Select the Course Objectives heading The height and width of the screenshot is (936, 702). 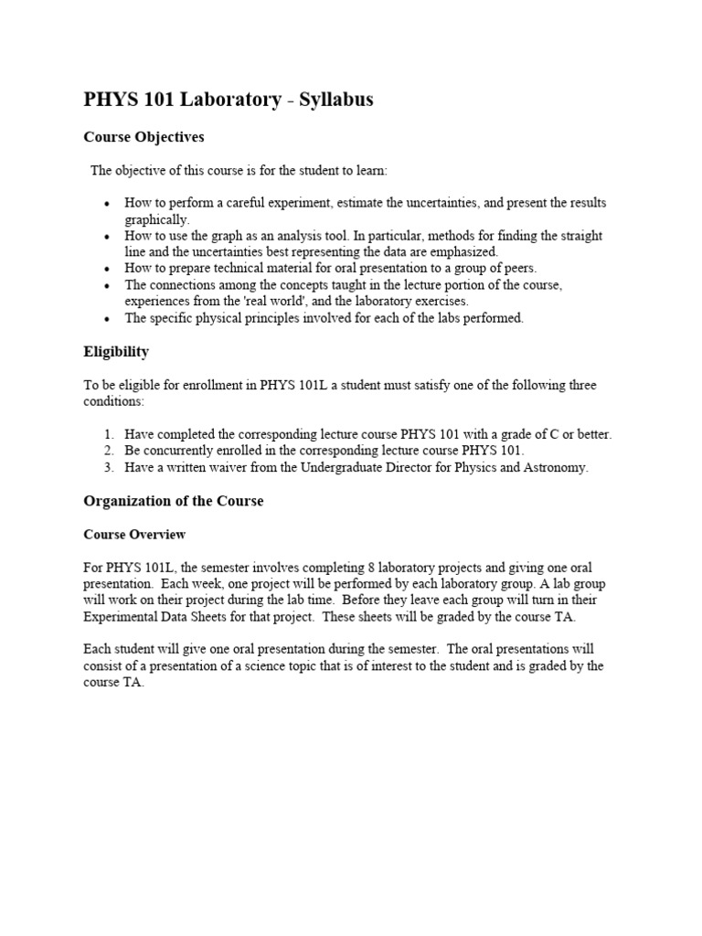(x=144, y=137)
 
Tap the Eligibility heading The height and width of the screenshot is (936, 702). (x=116, y=352)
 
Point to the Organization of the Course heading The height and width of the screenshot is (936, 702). (x=174, y=501)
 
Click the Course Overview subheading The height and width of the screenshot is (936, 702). (x=134, y=534)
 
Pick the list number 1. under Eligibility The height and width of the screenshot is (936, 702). (x=108, y=434)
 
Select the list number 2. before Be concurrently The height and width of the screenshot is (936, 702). (x=108, y=451)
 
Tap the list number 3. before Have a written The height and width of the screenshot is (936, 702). (x=108, y=467)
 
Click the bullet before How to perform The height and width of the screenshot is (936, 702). (x=108, y=203)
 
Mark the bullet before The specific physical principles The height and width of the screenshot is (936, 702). (x=108, y=318)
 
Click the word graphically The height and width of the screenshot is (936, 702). (x=157, y=219)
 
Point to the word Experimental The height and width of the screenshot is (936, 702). (x=121, y=617)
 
